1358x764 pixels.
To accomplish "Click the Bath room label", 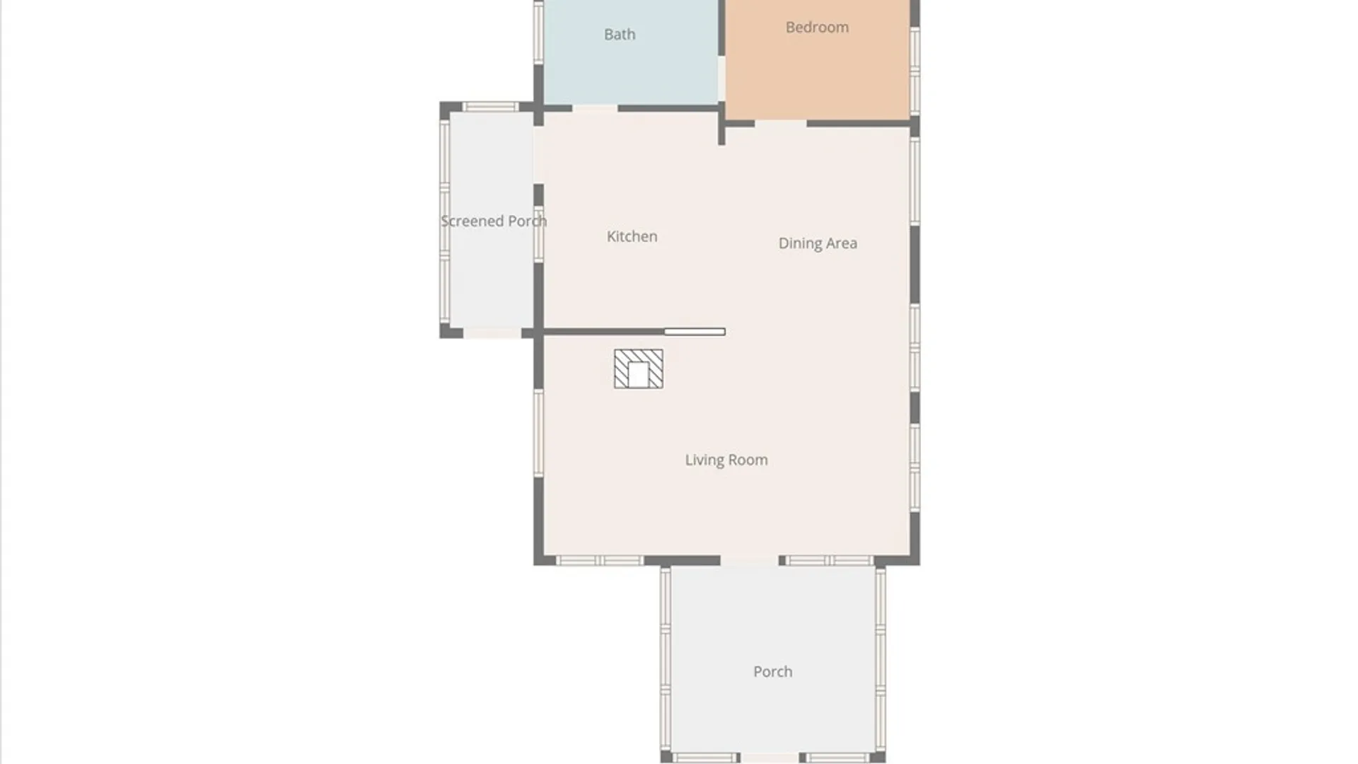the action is [620, 34].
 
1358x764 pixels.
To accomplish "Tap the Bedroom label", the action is [817, 27].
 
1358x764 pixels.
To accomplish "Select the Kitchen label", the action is [632, 236].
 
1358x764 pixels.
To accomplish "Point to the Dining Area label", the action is [818, 243].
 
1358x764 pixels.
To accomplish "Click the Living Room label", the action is [726, 460].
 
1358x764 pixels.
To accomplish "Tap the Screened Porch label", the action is [494, 221].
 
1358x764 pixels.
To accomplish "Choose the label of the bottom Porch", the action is [772, 671].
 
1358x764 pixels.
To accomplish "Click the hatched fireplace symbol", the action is [639, 369].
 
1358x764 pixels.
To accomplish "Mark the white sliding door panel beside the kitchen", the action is [695, 332].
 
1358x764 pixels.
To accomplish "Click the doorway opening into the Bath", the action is [595, 108].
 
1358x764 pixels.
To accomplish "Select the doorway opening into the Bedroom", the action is [781, 124].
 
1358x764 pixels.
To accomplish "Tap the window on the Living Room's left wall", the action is [539, 433].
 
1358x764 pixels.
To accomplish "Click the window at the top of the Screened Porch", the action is [491, 107].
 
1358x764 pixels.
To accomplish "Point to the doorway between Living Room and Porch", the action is [750, 561].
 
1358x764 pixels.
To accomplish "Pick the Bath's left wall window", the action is [539, 33].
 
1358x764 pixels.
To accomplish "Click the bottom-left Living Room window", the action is [600, 561].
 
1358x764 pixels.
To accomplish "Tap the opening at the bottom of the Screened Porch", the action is [492, 332].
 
